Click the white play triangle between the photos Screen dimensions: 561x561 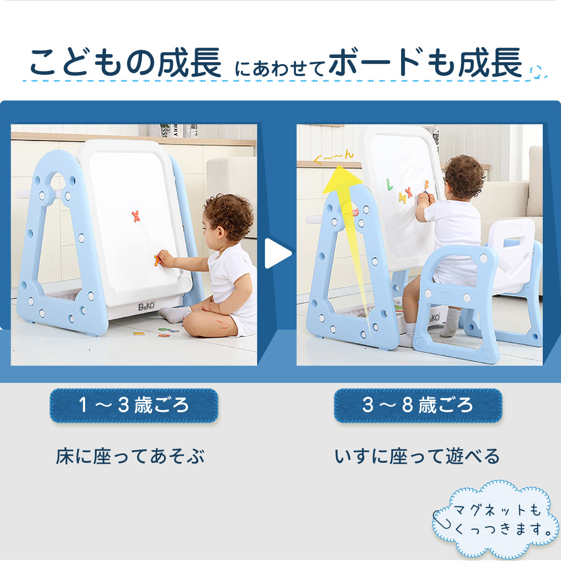278,254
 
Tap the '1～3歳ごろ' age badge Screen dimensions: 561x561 134,405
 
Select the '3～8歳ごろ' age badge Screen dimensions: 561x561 417,405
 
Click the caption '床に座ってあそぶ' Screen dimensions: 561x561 130,457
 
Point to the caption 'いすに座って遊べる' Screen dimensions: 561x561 417,457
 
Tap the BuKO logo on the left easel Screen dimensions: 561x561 146,307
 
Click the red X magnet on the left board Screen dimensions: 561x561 136,216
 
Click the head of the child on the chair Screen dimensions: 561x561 463,177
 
